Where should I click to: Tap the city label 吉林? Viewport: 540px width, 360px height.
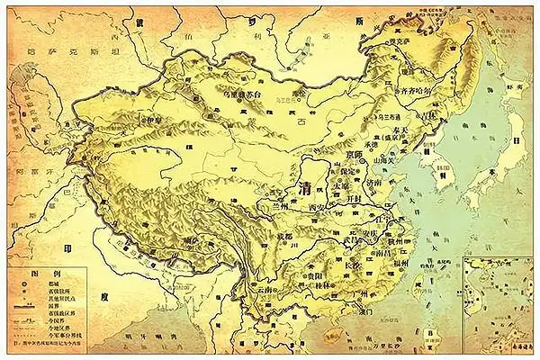pyautogui.click(x=434, y=113)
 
